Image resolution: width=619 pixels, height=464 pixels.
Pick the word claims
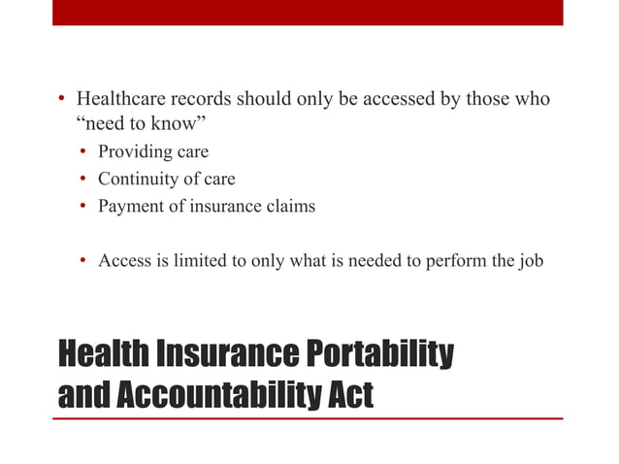(x=290, y=206)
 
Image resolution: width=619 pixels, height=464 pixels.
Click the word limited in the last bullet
(x=200, y=260)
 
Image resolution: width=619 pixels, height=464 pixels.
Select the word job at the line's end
(x=531, y=260)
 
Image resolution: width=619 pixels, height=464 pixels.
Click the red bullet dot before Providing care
(x=84, y=153)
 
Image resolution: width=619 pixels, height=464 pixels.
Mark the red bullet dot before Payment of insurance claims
(x=84, y=207)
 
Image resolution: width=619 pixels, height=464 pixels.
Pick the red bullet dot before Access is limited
(x=84, y=261)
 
